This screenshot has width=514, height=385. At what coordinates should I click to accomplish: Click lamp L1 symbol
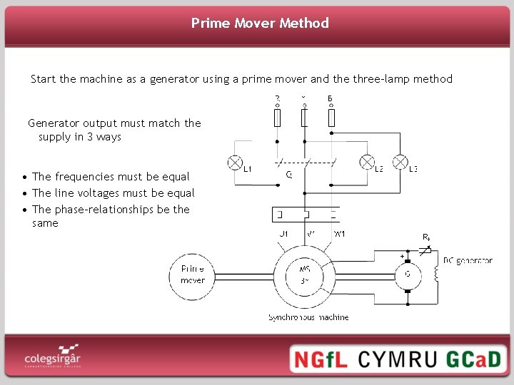(234, 163)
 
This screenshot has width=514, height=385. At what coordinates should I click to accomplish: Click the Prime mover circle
(192, 274)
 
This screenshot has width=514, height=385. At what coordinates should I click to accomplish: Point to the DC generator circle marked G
(407, 274)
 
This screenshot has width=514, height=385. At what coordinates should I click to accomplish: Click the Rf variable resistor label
(426, 237)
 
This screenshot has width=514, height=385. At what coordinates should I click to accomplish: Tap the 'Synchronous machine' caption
(308, 317)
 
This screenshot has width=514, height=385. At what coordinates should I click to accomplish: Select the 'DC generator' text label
(468, 261)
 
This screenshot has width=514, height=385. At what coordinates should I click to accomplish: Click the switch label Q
(288, 173)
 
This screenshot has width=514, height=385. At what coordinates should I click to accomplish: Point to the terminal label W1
(340, 233)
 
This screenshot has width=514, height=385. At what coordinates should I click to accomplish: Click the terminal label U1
(283, 233)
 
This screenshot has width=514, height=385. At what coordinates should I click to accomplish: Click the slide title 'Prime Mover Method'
(260, 23)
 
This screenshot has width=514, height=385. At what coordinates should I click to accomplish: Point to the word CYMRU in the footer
(398, 359)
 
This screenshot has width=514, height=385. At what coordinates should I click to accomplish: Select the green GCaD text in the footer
(474, 359)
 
